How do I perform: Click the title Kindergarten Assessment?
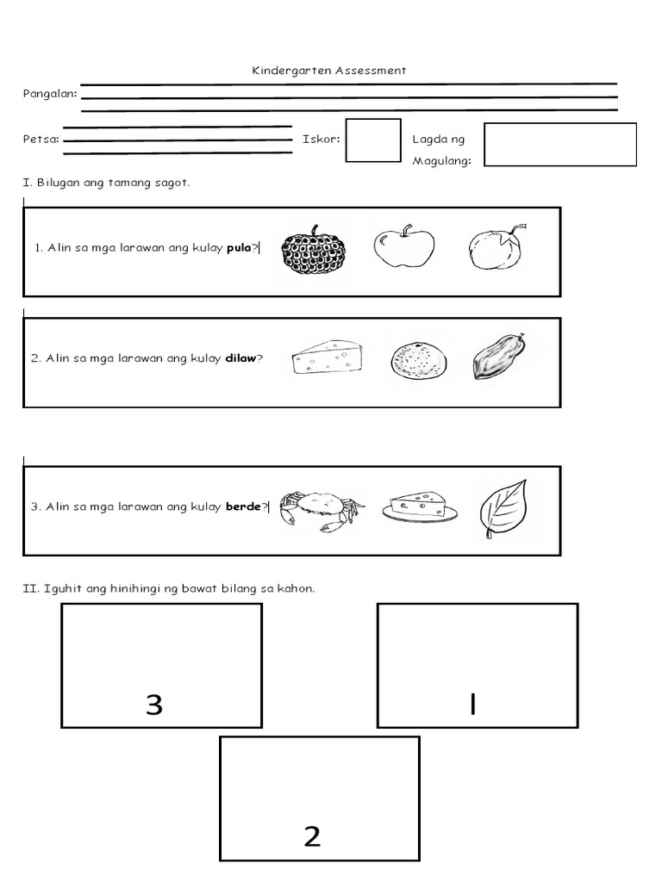(329, 71)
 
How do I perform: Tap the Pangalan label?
(49, 94)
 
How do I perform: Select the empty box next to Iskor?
(373, 140)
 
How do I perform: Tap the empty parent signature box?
(559, 144)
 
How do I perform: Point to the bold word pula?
(239, 248)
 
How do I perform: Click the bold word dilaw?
(240, 358)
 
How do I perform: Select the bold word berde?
(243, 507)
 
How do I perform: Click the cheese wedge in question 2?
(328, 357)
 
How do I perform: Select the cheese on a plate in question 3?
(422, 506)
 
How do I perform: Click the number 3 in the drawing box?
(154, 705)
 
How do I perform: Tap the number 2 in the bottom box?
(312, 836)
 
